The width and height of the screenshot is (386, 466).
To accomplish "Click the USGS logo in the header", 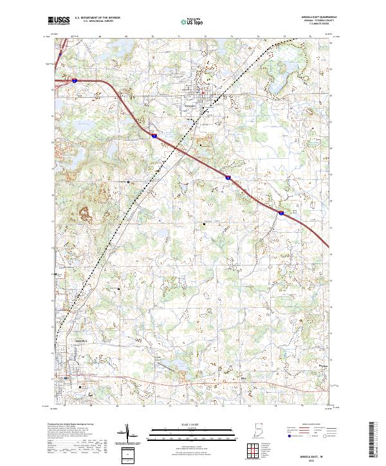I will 59,21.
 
